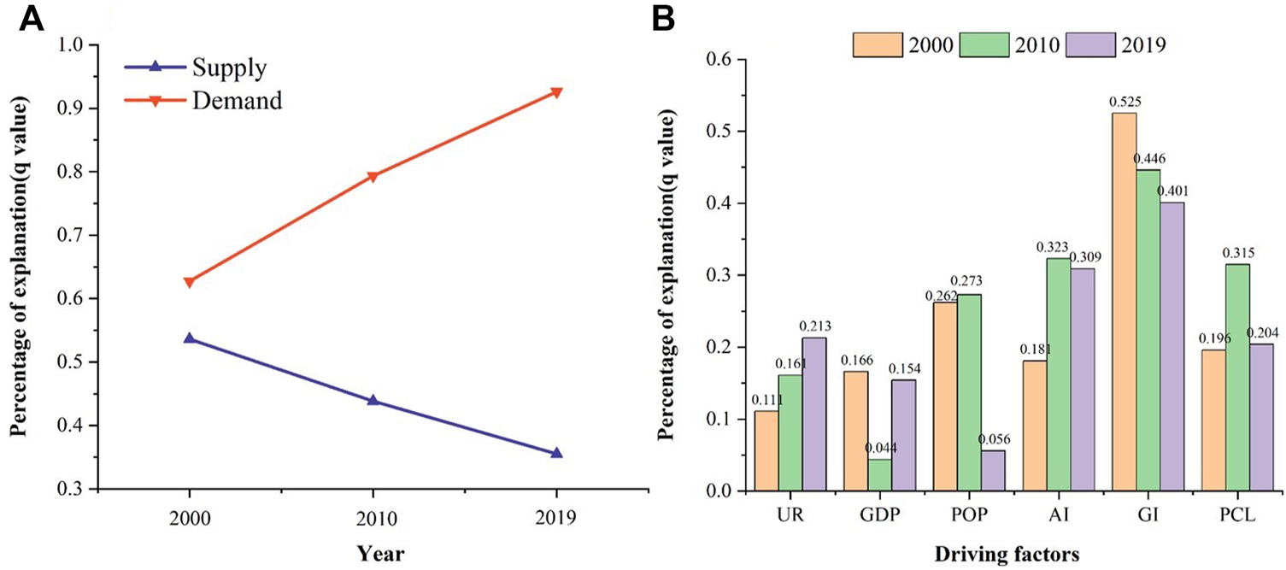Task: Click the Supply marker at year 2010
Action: tap(373, 400)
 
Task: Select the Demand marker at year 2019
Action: tap(556, 92)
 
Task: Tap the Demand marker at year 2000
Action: tap(189, 282)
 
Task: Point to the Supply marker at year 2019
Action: tap(556, 453)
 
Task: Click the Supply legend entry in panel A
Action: tap(228, 68)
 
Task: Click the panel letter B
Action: tap(664, 20)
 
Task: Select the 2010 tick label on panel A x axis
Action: tap(373, 518)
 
